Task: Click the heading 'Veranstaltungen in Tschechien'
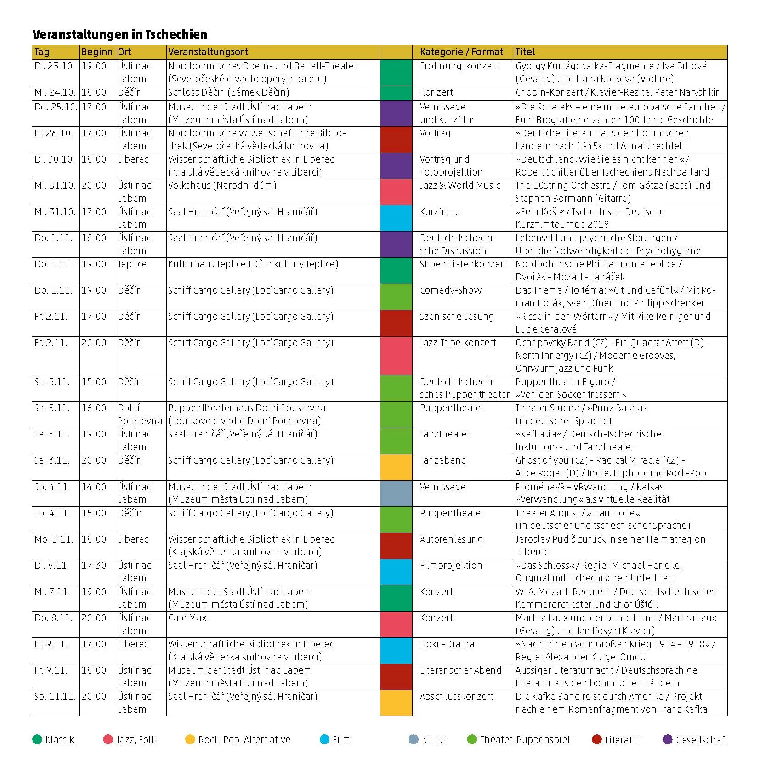(119, 34)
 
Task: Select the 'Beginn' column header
(96, 52)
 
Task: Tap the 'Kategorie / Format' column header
(461, 52)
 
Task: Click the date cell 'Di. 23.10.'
(54, 66)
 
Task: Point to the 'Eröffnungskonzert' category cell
(459, 66)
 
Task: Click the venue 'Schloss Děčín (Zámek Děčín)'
(228, 92)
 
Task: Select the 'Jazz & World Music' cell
(459, 186)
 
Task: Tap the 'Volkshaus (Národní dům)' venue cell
(222, 186)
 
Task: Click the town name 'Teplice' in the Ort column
(132, 264)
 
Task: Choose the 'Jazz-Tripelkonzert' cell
(458, 343)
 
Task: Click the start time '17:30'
(94, 566)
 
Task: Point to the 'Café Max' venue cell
(187, 618)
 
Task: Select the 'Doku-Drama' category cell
(447, 644)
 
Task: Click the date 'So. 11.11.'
(55, 697)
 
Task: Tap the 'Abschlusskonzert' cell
(456, 697)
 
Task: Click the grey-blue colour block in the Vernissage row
(396, 493)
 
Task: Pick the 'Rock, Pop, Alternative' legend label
(244, 740)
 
